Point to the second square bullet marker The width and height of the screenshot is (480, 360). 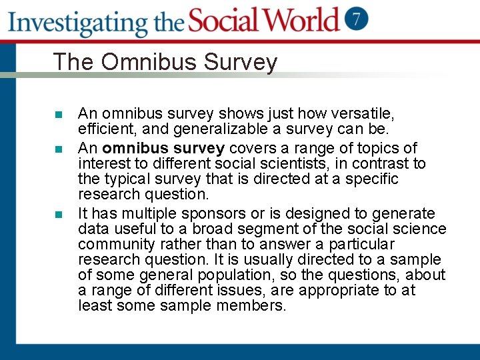[x=59, y=148]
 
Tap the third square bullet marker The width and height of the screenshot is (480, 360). [x=59, y=214]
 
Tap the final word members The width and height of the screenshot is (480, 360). [x=251, y=306]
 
